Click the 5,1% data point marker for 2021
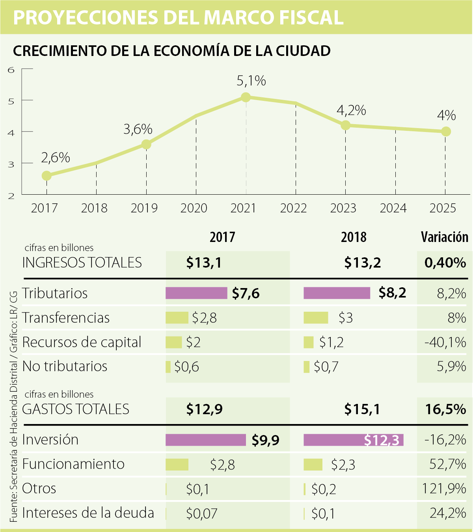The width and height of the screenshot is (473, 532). click(246, 97)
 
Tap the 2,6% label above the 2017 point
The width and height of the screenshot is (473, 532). click(55, 158)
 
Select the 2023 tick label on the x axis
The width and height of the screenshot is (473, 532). click(343, 208)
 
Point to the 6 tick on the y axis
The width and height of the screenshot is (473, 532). click(11, 70)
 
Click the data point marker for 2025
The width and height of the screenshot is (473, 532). click(445, 131)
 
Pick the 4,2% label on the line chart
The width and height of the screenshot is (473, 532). click(351, 110)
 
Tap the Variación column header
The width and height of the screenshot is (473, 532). click(444, 237)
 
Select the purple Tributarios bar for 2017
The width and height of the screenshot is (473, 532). click(196, 293)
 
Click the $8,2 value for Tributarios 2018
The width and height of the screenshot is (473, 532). click(392, 293)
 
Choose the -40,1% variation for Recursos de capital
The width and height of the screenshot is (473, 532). click(445, 342)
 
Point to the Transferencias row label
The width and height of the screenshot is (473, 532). click(66, 318)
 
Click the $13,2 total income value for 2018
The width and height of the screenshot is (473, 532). click(362, 262)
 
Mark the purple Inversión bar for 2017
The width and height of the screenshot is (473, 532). click(205, 440)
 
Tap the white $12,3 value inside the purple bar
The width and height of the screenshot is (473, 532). click(381, 440)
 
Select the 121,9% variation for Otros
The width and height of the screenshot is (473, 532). click(444, 489)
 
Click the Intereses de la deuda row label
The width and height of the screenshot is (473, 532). click(88, 513)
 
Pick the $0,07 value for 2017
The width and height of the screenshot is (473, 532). click(201, 513)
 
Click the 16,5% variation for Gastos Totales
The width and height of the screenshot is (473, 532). click(445, 409)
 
